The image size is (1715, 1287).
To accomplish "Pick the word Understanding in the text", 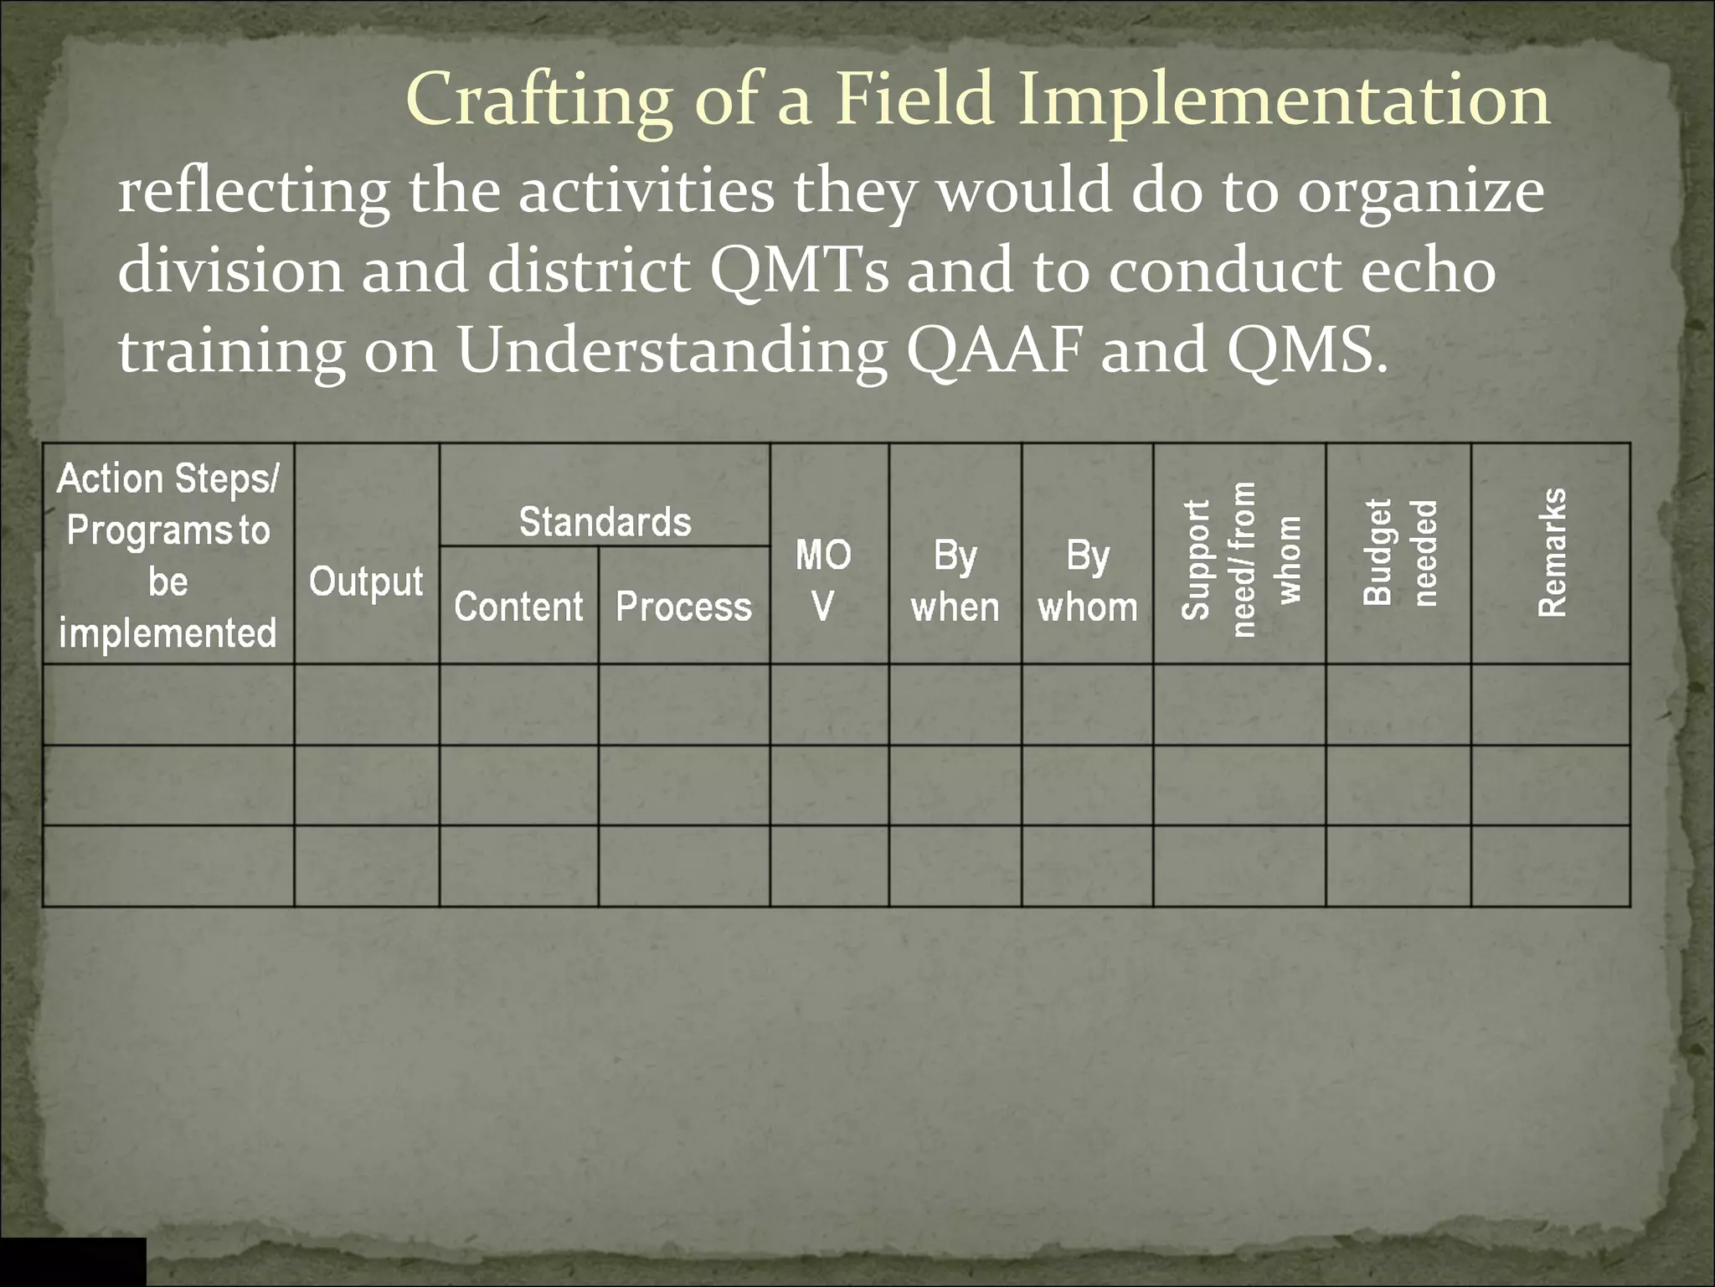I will tap(671, 349).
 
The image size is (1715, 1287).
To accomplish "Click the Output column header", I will tap(366, 581).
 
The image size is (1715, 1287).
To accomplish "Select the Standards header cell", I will tap(605, 521).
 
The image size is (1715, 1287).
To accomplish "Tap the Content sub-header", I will tap(518, 606).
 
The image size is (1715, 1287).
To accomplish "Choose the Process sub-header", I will tap(683, 606).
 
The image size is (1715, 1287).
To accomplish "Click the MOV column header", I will tap(823, 579).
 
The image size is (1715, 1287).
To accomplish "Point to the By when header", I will tap(955, 580).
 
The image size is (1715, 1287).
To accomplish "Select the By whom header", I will tap(1087, 580).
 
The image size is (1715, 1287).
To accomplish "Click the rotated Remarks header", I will tap(1552, 553).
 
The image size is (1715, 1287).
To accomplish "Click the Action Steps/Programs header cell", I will tap(167, 555).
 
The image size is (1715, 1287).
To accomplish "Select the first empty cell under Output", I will tap(366, 705).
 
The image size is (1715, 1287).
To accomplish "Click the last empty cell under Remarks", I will tap(1550, 866).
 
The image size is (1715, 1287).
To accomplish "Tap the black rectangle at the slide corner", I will tap(73, 1261).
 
